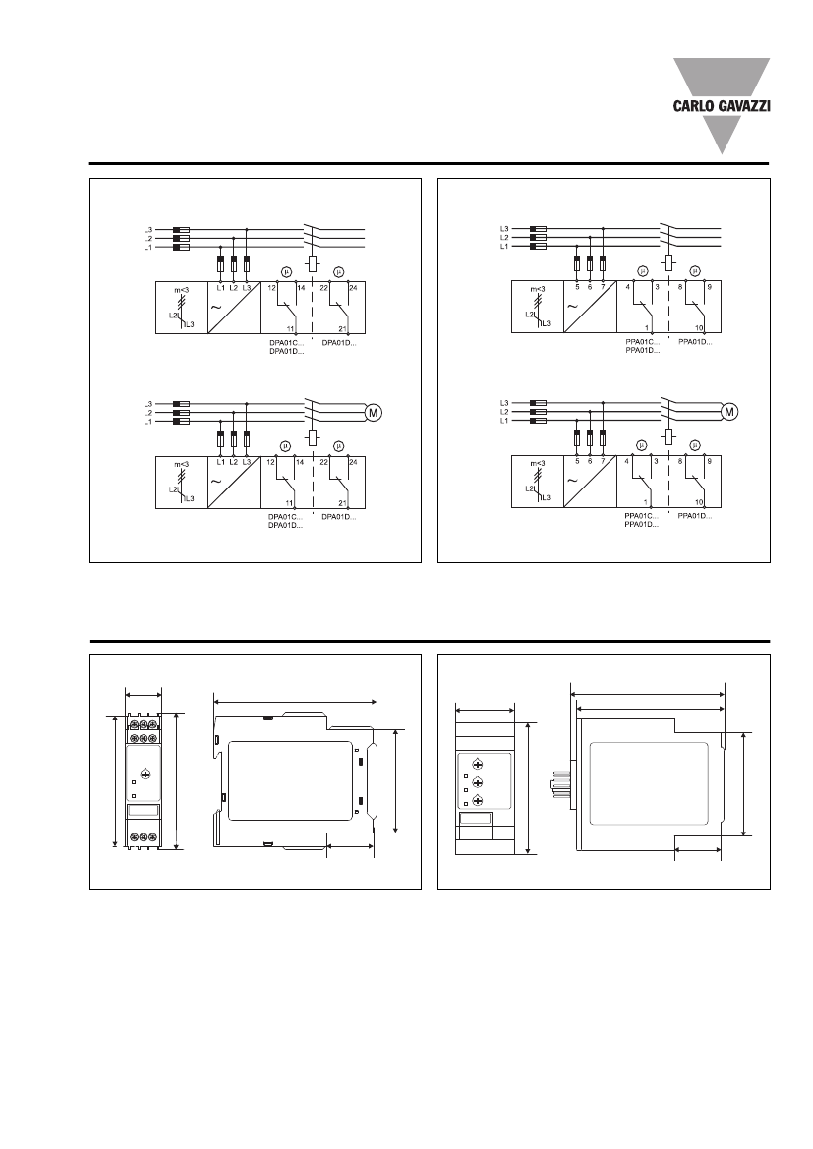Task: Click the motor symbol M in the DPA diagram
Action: (x=374, y=413)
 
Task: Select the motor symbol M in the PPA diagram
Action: (x=729, y=412)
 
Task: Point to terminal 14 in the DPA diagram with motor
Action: (x=303, y=462)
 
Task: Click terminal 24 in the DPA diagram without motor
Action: (x=352, y=286)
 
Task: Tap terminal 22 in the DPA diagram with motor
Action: (x=323, y=462)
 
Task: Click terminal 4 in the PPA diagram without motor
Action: (x=627, y=286)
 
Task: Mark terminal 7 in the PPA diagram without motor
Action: (x=602, y=286)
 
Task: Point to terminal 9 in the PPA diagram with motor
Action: (x=708, y=462)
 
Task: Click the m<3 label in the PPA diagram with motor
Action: (x=537, y=463)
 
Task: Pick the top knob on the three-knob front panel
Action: (x=477, y=764)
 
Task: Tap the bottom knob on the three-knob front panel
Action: (x=477, y=801)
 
